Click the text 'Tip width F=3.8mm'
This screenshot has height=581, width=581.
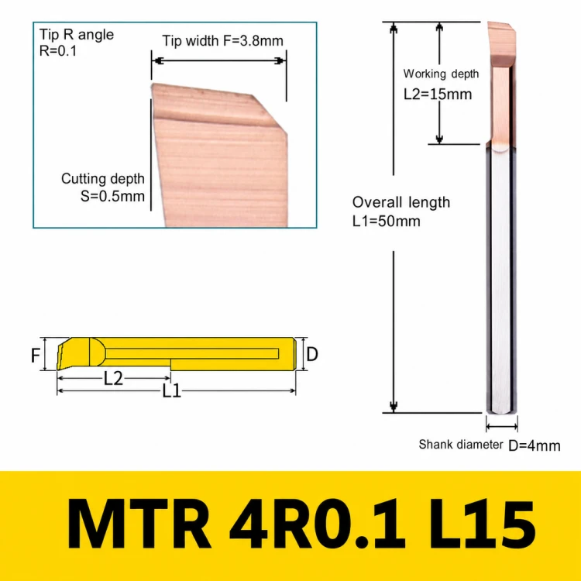[222, 40]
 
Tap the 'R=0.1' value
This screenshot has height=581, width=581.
[58, 51]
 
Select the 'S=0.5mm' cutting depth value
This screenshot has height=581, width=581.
[112, 196]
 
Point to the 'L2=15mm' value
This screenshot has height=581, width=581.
[438, 94]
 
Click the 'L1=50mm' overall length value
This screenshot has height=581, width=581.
[386, 222]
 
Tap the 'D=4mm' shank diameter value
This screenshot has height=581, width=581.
[535, 445]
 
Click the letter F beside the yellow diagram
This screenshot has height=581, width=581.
[36, 356]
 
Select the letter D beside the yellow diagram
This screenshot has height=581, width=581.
[312, 354]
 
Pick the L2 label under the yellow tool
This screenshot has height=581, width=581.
[113, 378]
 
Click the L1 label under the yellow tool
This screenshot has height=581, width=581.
[171, 390]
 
